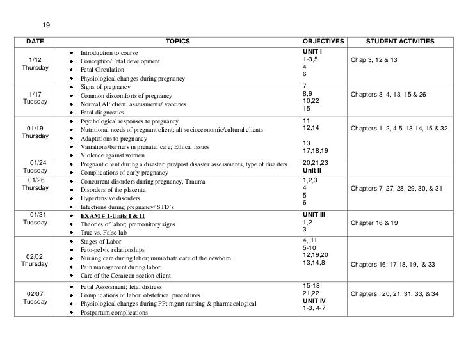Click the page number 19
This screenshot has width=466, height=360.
pyautogui.click(x=46, y=26)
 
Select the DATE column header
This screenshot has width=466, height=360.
pyautogui.click(x=36, y=42)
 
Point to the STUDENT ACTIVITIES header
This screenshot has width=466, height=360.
pyautogui.click(x=400, y=42)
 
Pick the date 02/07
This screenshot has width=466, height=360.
pyautogui.click(x=35, y=293)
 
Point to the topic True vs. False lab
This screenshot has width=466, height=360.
pyautogui.click(x=103, y=233)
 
